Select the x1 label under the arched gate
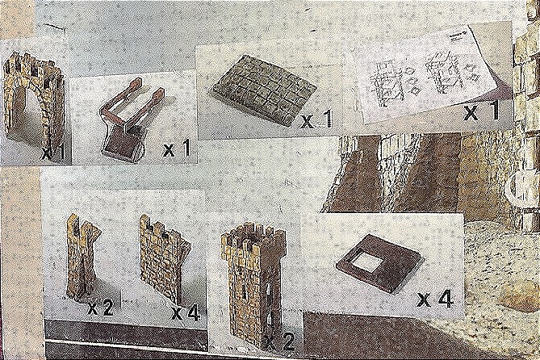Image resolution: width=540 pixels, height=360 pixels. [x=54, y=153]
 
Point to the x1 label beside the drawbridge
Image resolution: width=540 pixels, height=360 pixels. [x=177, y=149]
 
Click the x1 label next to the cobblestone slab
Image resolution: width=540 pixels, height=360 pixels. [x=317, y=119]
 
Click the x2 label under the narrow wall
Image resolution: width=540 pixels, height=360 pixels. [x=100, y=308]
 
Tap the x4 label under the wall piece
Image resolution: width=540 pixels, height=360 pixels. [x=186, y=312]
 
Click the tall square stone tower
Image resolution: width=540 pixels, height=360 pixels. [x=254, y=283]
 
